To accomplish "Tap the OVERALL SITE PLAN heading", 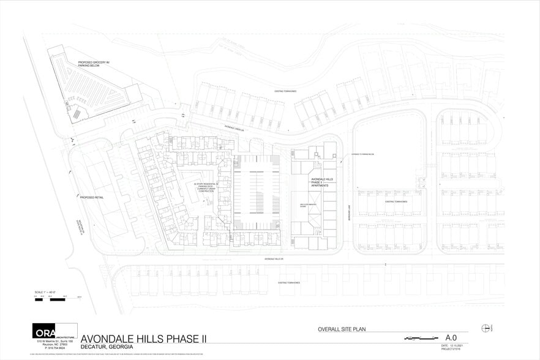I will click(x=342, y=329).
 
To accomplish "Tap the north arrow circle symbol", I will click(x=487, y=328).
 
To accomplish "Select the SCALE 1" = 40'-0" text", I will click(x=46, y=290).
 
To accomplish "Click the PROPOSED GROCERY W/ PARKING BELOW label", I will click(x=93, y=64).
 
